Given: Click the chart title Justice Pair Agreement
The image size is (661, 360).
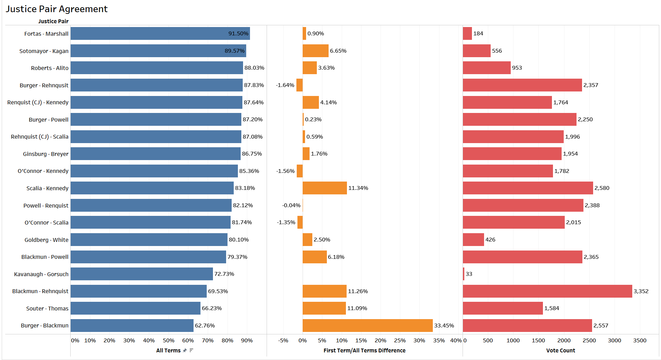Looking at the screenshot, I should (x=56, y=9).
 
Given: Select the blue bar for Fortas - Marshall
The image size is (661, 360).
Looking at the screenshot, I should (x=160, y=34).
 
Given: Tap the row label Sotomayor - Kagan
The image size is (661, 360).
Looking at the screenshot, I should (x=44, y=51).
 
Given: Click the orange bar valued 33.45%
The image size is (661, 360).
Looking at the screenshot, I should (x=367, y=325).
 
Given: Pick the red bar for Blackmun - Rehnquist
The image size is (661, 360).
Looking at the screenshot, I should (x=547, y=291).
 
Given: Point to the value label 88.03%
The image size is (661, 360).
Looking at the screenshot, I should (x=254, y=68).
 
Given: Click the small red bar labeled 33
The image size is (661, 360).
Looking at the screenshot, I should (x=464, y=274).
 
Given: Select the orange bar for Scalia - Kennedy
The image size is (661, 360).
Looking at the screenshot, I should (x=324, y=188).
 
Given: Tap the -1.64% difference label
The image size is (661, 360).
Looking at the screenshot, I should (x=285, y=85).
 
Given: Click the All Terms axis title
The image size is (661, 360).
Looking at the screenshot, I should (x=168, y=350).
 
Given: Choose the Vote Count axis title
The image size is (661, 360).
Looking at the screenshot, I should (x=560, y=350).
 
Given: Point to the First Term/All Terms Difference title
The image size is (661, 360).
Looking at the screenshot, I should (x=364, y=350).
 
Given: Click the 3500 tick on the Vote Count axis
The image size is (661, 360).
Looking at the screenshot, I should (x=640, y=340).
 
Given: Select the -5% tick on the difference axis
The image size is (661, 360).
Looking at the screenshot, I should (x=283, y=340).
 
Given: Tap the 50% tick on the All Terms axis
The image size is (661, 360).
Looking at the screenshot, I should (x=168, y=340).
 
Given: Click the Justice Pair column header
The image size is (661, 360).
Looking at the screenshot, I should (x=53, y=21).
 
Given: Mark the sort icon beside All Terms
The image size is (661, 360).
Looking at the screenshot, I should (x=191, y=350).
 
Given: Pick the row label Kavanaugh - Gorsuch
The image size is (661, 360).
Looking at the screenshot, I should (x=41, y=274).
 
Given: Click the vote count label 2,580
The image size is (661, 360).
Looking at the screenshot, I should (x=602, y=188).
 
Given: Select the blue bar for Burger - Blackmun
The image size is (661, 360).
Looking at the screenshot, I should (x=132, y=325).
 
